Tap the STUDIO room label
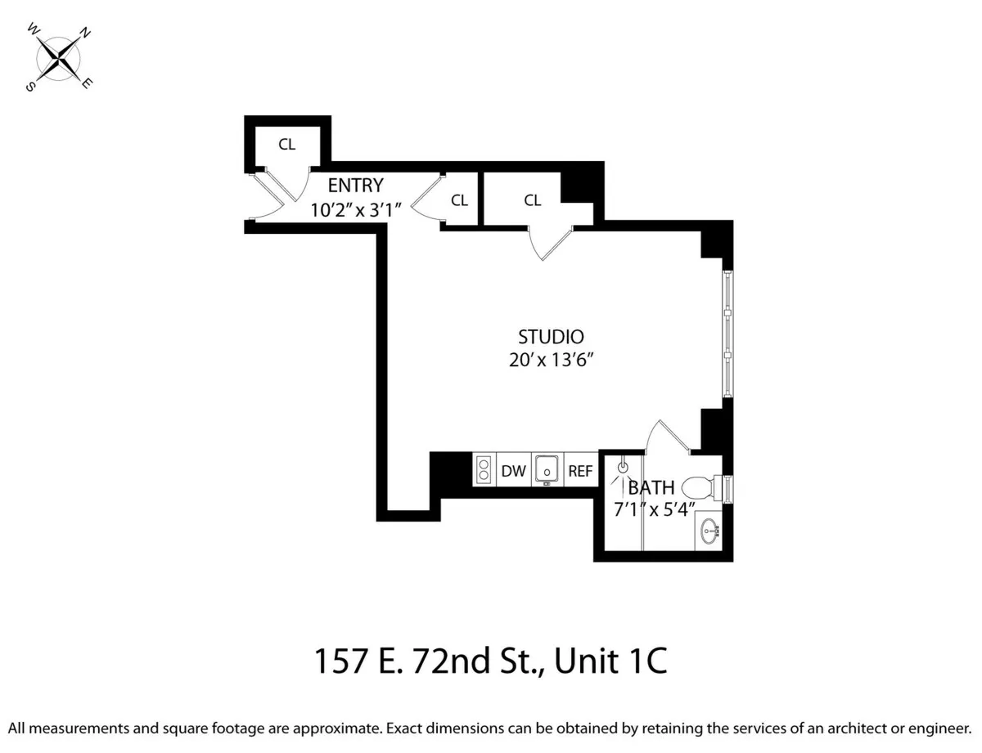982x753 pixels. pos(551,337)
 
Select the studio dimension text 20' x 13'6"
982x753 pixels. pos(551,361)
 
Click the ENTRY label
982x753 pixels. pos(355,186)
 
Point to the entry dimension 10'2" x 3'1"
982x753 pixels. pos(355,209)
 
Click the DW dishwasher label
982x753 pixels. pos(513,471)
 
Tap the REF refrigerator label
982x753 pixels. pos(580,471)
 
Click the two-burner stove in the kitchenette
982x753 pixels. pos(484,470)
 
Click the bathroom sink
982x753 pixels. pos(709,532)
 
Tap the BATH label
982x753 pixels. pos(651,488)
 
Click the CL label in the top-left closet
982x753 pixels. pos(286,145)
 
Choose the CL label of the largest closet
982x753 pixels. pos(533,200)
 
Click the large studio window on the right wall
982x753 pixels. pos(726,334)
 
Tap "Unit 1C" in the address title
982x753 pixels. pos(610,661)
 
